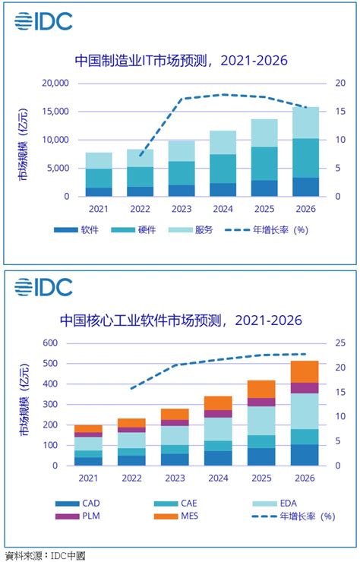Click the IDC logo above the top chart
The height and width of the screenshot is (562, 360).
(x=43, y=21)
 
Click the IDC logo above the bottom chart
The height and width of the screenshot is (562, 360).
(x=43, y=286)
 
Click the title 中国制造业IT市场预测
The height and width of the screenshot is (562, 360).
(x=181, y=60)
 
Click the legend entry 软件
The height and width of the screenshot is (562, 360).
(x=76, y=229)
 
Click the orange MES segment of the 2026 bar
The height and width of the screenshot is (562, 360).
(x=305, y=371)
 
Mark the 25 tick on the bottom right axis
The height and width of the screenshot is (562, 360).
(x=341, y=343)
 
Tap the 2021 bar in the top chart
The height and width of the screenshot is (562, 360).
(x=99, y=175)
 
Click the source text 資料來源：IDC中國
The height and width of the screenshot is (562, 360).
(x=45, y=555)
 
